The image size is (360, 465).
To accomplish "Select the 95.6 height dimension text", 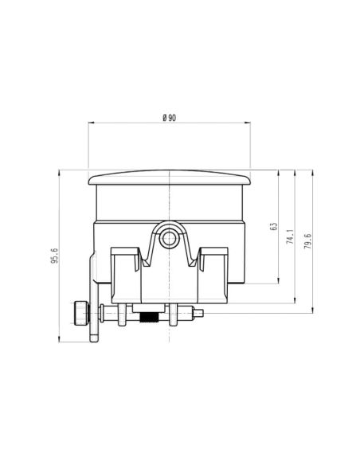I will point(55,257).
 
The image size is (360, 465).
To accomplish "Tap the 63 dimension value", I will point(273,227).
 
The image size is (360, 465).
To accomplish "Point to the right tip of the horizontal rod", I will point(209,313).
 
